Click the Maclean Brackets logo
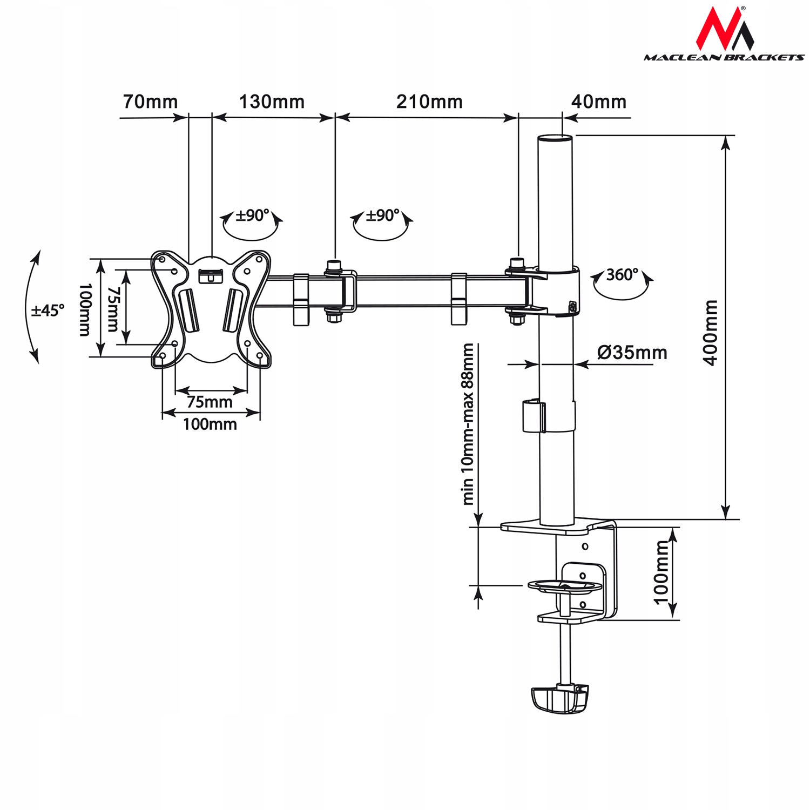[724, 35]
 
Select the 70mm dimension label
[150, 102]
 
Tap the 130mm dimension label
[272, 102]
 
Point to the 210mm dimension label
[429, 102]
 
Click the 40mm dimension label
[598, 102]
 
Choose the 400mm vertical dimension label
[711, 333]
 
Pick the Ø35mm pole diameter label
[632, 353]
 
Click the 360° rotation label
[622, 275]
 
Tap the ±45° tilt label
[48, 310]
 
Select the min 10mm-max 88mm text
[468, 424]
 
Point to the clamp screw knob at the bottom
[560, 699]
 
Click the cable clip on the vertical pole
[534, 416]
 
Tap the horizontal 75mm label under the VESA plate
[210, 402]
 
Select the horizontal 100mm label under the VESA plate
[210, 424]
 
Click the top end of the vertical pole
[555, 138]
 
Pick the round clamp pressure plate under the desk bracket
[564, 586]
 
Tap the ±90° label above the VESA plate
[252, 215]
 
